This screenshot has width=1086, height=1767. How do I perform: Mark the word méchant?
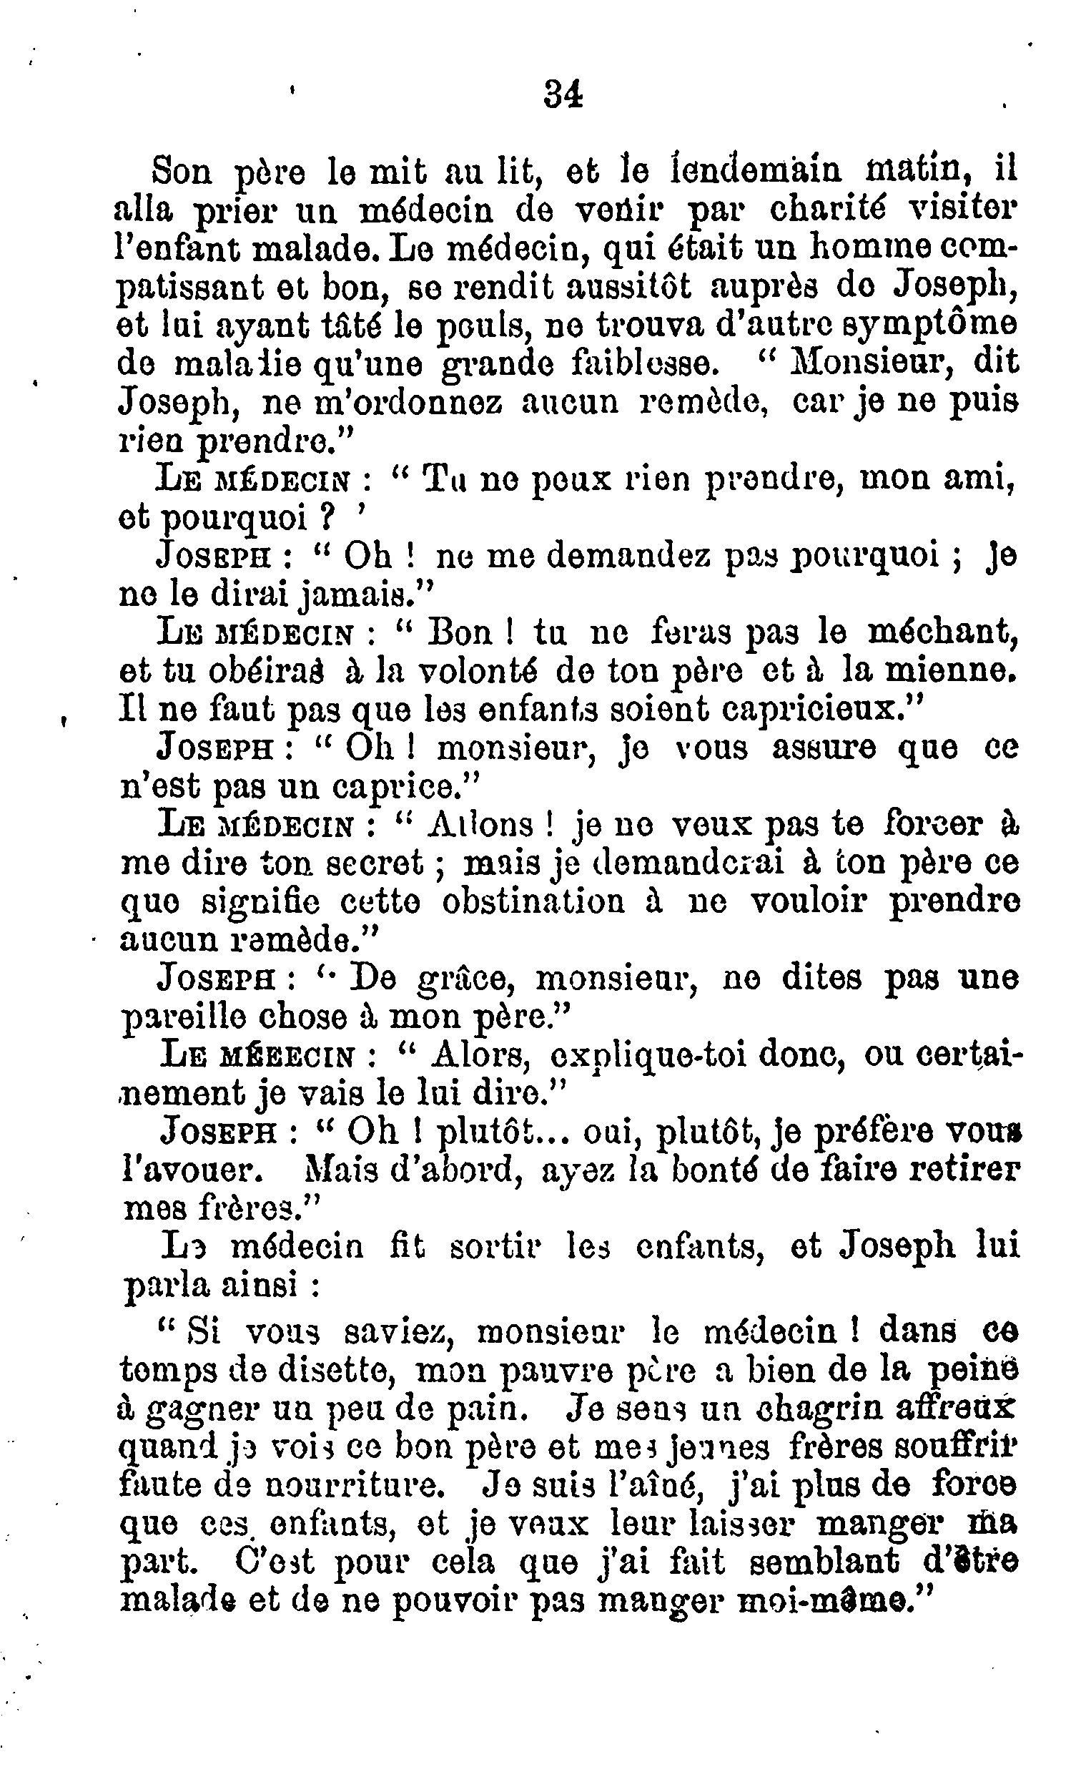coord(942,632)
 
